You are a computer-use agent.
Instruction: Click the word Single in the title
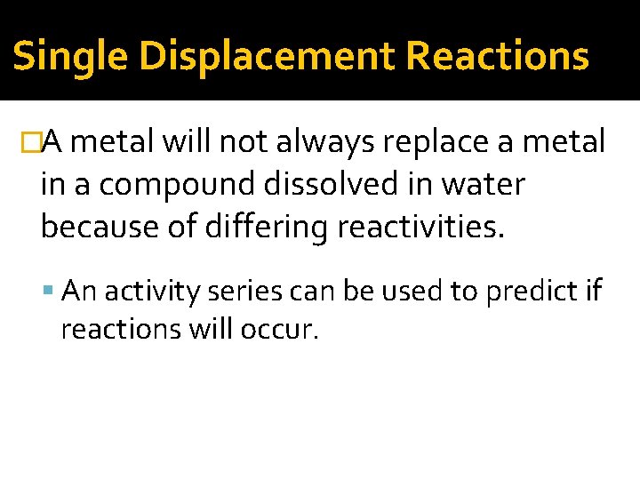point(69,57)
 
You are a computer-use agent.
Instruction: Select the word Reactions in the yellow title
point(498,56)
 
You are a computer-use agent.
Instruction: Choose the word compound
point(178,186)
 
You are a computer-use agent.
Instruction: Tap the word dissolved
point(341,185)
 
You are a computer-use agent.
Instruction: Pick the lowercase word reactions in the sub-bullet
point(121,329)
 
